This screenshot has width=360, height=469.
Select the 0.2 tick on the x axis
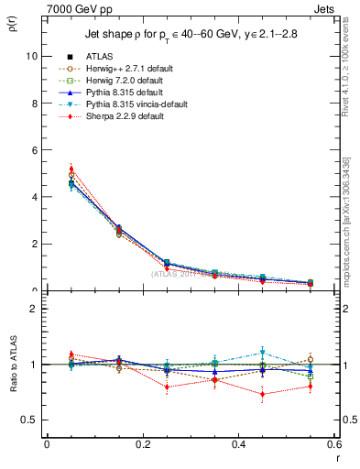tap(142, 444)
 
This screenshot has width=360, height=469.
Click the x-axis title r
tap(337, 456)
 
